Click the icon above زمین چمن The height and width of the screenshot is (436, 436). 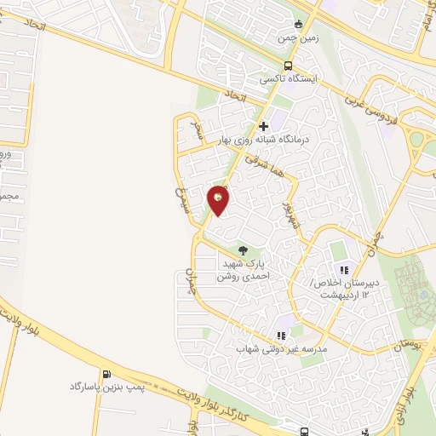pyautogui.click(x=297, y=24)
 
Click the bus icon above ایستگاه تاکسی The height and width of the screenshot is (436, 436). pyautogui.click(x=289, y=64)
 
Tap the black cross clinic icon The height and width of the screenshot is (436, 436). pyautogui.click(x=264, y=126)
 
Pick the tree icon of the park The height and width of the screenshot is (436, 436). pyautogui.click(x=244, y=250)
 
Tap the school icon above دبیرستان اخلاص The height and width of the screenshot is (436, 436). pyautogui.click(x=344, y=269)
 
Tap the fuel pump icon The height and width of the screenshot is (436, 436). pyautogui.click(x=106, y=374)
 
